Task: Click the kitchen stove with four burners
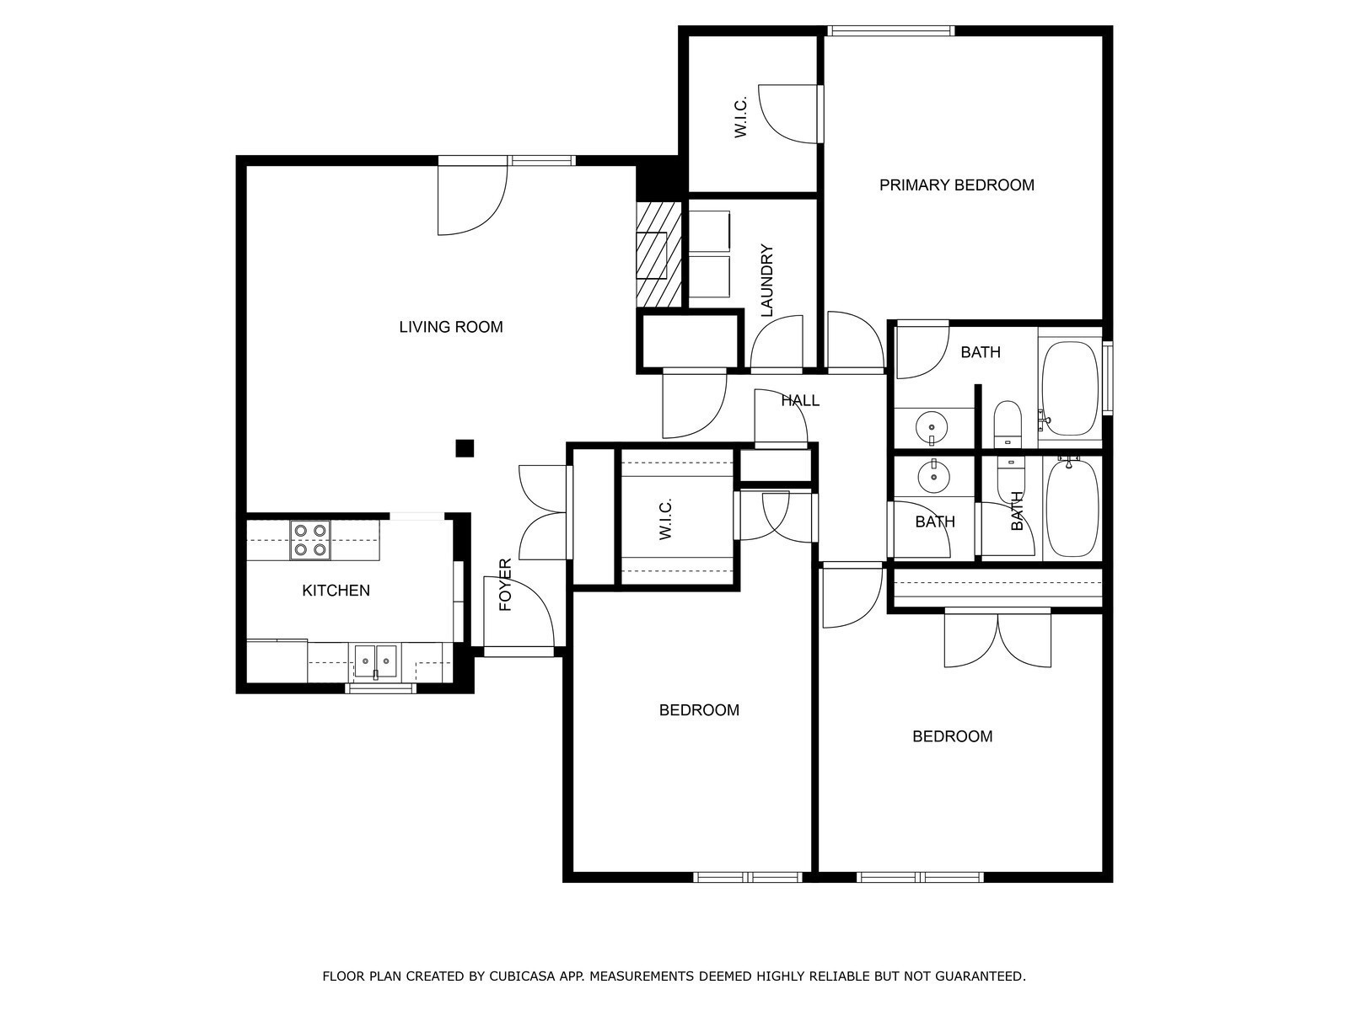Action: [x=310, y=540]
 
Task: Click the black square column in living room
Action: [x=465, y=448]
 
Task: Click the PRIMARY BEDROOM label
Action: [x=957, y=185]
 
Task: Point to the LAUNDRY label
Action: [x=766, y=281]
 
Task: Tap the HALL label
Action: [x=799, y=401]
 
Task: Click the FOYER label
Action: [x=506, y=585]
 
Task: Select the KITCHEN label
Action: [x=336, y=591]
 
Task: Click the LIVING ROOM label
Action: [x=451, y=327]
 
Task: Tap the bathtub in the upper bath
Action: [x=1070, y=388]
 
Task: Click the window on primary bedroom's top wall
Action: [x=890, y=31]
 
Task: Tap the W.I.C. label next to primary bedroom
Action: [x=741, y=118]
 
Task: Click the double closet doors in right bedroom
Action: [x=998, y=639]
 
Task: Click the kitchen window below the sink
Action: [x=380, y=689]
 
